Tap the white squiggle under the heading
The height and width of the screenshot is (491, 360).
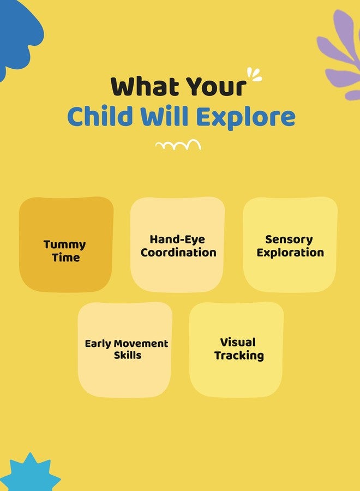coord(178,145)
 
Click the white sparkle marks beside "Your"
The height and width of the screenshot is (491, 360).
coord(254,75)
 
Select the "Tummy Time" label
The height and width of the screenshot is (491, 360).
coord(65,251)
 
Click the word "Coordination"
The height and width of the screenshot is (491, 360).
coord(178,253)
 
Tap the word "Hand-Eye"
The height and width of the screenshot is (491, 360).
coord(177,239)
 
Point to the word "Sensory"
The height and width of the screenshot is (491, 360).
coord(289,240)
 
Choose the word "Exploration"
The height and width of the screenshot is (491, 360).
coord(290,253)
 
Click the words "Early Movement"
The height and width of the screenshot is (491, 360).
coord(127,344)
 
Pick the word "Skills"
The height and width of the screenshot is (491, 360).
coord(128,355)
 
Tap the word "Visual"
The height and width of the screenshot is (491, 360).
coord(238,342)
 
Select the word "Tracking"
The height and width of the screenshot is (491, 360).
coord(239,356)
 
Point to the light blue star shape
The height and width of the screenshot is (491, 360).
coord(31,473)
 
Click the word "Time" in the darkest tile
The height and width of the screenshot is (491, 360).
coord(66,258)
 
